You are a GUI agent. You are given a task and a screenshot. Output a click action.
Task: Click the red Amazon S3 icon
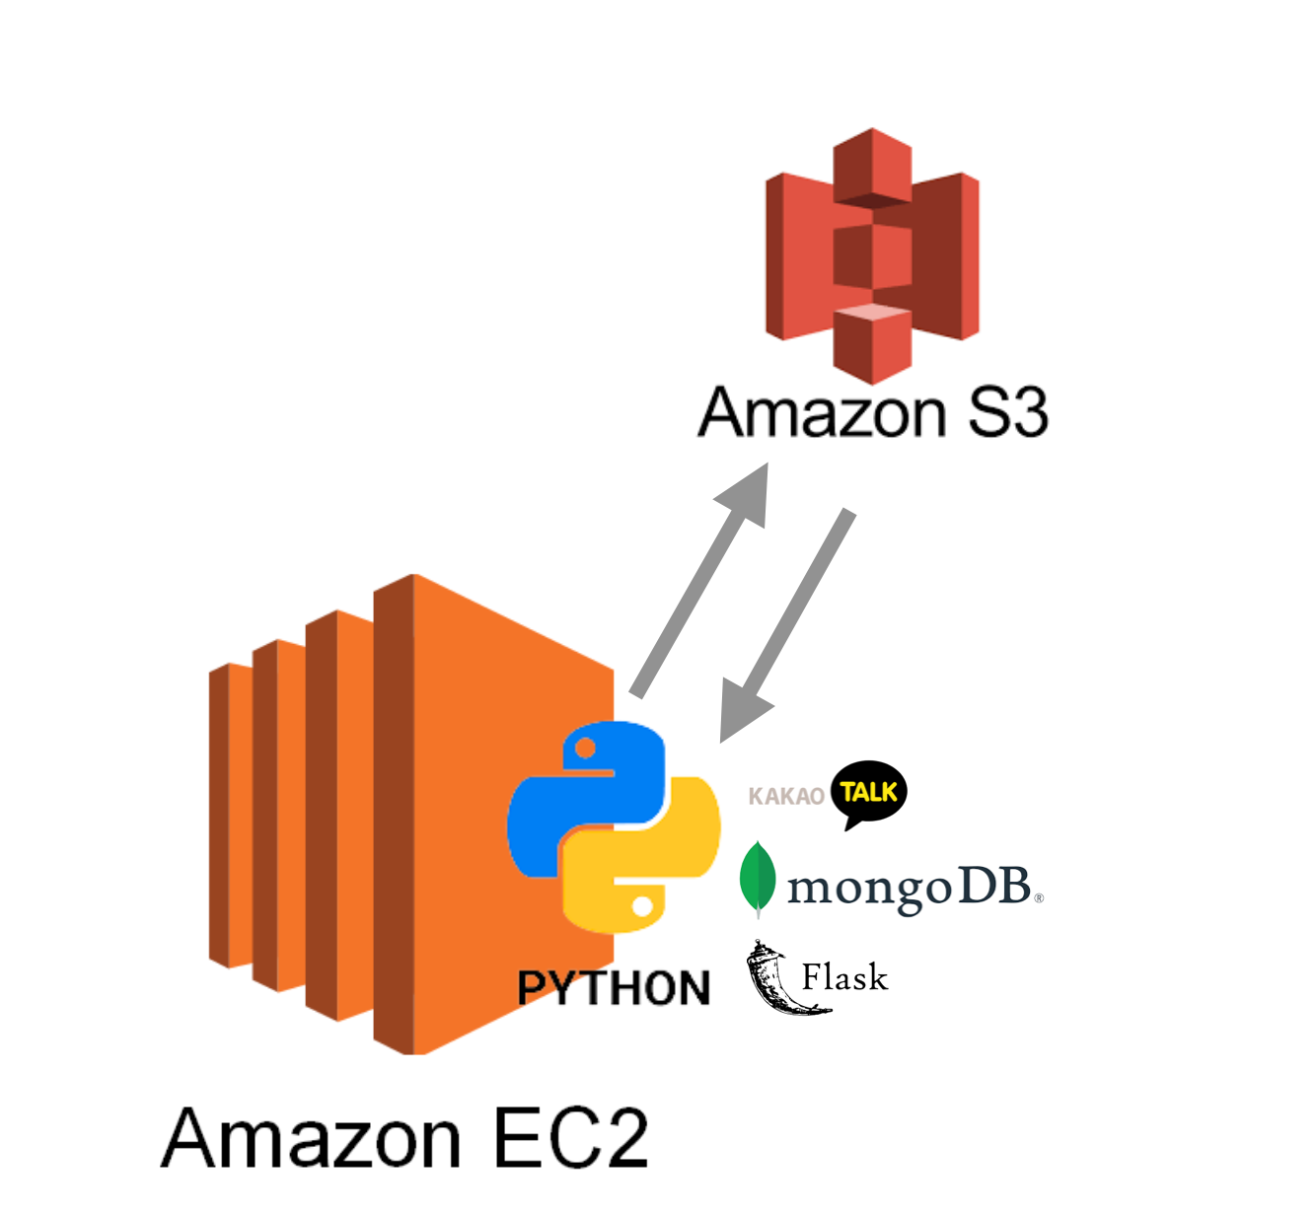point(872,255)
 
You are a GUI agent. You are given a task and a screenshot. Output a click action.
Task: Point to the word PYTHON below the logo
point(614,988)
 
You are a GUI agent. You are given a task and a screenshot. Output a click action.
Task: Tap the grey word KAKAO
point(785,796)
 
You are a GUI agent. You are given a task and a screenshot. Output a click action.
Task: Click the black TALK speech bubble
point(868,792)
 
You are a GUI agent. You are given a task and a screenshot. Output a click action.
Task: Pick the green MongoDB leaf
point(758,878)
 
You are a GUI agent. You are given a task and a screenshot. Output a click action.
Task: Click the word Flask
point(844,977)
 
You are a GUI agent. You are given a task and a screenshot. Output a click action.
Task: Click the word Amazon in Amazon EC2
point(312,1138)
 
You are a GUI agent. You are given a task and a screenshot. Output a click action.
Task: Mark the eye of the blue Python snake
point(585,749)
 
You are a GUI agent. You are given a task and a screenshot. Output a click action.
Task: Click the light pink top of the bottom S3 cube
point(873,313)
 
